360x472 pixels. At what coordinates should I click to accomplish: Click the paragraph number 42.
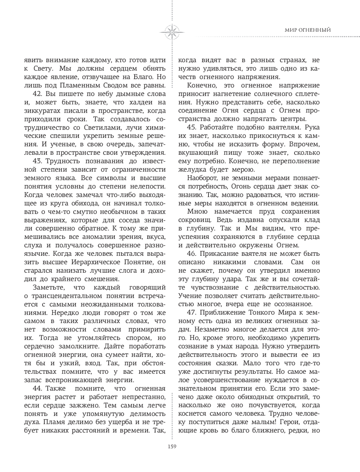click(x=37, y=94)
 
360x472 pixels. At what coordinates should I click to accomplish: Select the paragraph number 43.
click(x=37, y=160)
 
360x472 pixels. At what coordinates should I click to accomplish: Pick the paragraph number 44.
click(x=37, y=389)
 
